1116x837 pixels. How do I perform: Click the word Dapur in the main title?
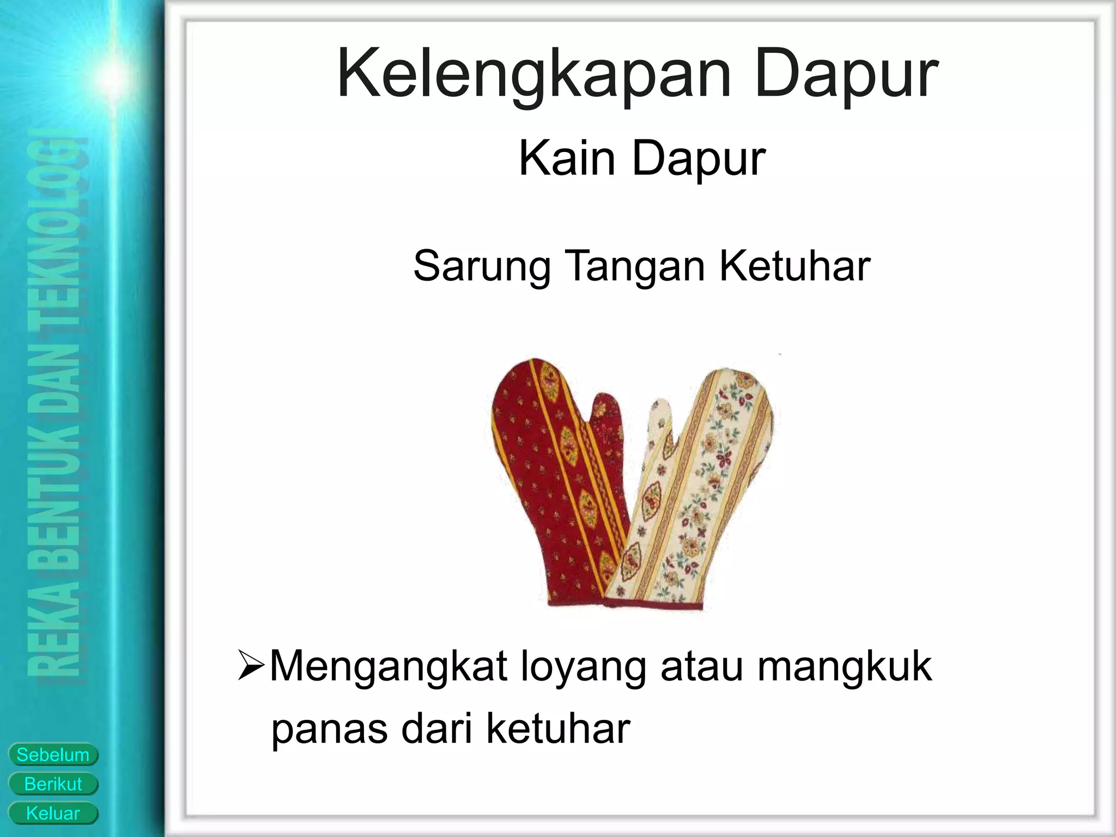[846, 75]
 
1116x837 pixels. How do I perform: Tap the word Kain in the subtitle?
[567, 159]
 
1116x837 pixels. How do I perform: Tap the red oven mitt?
[545, 480]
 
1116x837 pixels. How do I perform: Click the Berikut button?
[53, 784]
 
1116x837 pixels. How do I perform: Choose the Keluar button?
[53, 814]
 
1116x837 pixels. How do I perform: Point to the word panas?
[330, 729]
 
